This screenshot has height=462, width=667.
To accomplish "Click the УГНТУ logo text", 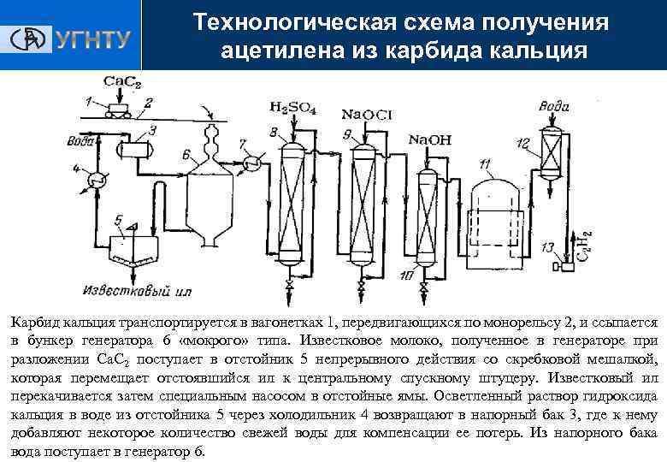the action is pyautogui.click(x=91, y=39).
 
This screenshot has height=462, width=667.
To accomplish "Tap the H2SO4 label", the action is pyautogui.click(x=292, y=108).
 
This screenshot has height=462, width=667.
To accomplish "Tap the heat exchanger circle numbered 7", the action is pyautogui.click(x=252, y=163).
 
